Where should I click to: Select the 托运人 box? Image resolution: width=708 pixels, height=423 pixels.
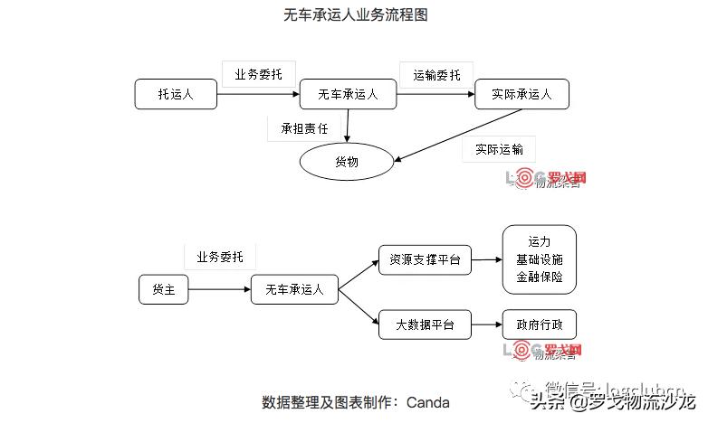176,94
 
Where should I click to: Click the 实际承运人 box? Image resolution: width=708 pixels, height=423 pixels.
521,94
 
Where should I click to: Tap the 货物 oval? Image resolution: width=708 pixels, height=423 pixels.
347,162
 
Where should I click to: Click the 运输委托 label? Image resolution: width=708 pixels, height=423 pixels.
436,75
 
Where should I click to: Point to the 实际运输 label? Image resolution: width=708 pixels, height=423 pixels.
499,149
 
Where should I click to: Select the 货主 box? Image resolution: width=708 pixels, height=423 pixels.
164,289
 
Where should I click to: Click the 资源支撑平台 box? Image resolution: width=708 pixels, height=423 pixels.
425,260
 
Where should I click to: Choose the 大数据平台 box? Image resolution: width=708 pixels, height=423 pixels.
425,324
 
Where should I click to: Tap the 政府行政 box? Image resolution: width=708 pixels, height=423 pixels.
540,324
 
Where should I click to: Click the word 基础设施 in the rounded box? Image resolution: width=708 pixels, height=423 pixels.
540,259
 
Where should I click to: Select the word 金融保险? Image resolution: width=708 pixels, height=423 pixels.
540,276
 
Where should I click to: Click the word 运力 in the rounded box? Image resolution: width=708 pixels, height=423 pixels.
540,242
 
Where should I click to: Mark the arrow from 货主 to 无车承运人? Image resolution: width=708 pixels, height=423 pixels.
220,289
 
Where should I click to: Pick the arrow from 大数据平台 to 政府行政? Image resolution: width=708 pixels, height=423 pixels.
487,324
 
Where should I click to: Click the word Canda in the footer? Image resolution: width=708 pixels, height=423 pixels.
428,402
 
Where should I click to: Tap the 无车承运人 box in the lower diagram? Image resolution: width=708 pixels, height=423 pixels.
294,289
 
